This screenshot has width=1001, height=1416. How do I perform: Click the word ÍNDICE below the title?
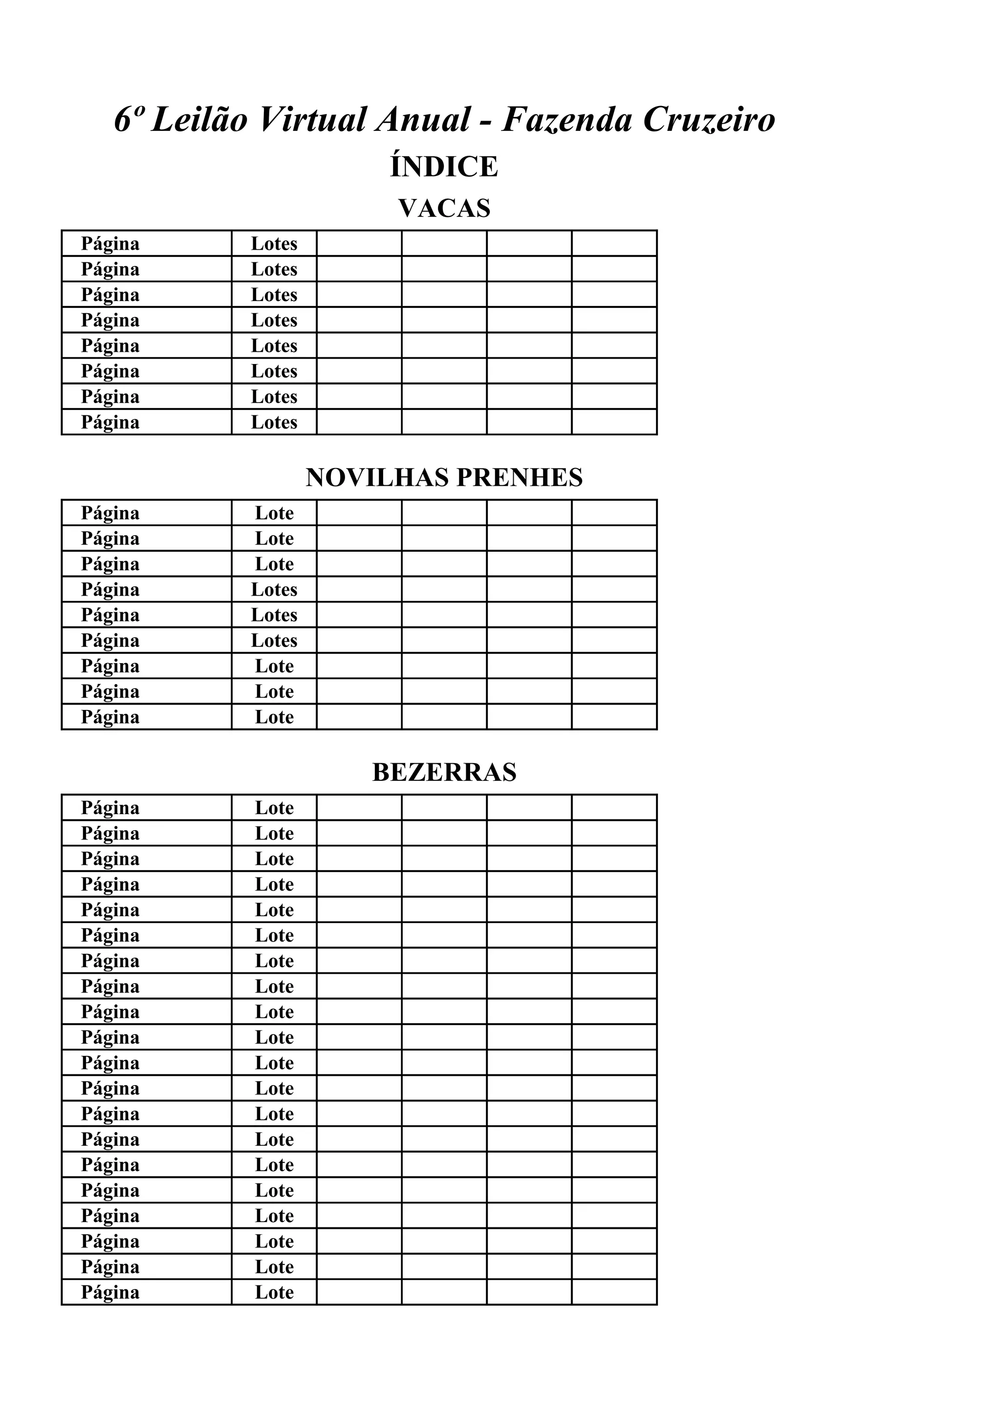coord(444,167)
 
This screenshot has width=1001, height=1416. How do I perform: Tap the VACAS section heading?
coord(444,209)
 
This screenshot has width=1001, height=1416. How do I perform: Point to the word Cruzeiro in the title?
coord(709,119)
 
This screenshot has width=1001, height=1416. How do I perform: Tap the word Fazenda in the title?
coord(567,119)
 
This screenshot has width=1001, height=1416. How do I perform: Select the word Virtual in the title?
coord(313,119)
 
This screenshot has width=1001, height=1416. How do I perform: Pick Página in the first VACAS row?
coord(110,244)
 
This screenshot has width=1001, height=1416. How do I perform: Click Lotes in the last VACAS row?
coord(274,423)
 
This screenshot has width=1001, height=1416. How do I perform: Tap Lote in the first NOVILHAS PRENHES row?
coord(274,513)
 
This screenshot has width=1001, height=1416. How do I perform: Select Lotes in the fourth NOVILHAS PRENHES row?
coord(274,590)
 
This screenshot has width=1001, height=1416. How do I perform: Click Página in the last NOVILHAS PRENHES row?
coord(110,717)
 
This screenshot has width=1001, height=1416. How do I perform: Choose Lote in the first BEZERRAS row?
coord(274,808)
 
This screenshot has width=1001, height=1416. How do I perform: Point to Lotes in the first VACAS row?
coord(274,244)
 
